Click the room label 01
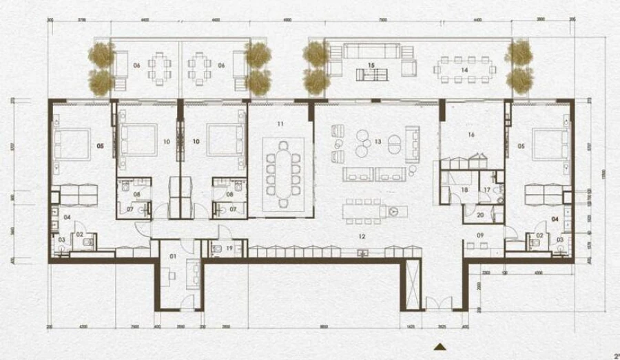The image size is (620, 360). click(x=172, y=256)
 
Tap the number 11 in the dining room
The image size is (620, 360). click(x=280, y=124)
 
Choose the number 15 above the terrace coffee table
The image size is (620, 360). click(x=371, y=65)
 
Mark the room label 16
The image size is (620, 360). click(x=472, y=135)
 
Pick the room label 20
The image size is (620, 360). click(x=480, y=215)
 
